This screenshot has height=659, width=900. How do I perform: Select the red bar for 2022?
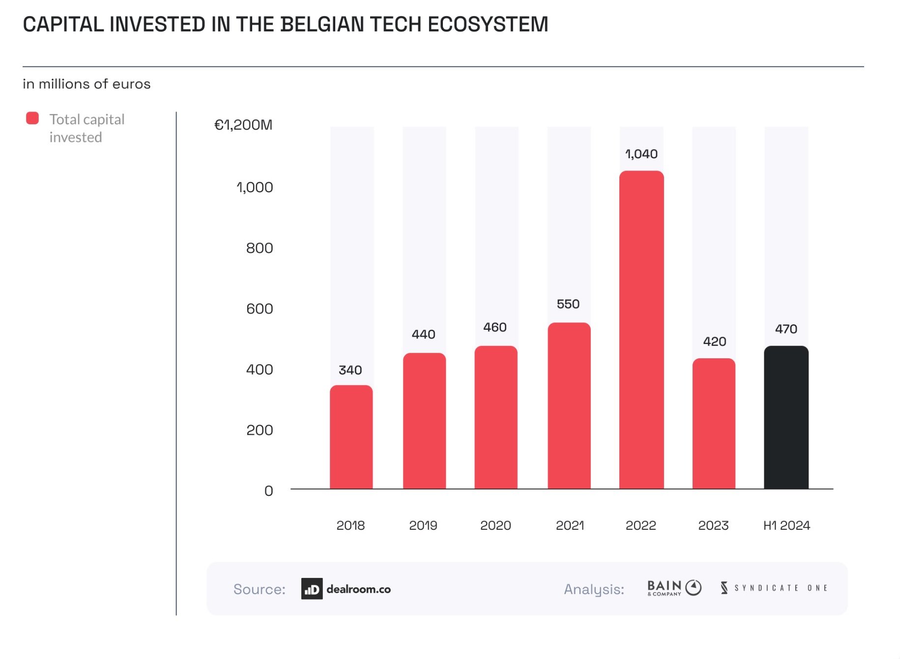[x=641, y=329]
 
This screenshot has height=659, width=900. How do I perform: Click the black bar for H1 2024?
[x=786, y=418]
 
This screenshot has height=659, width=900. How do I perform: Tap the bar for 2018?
[x=351, y=437]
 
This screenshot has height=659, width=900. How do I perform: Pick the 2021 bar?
[x=569, y=405]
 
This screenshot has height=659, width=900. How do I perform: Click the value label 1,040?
[x=641, y=154]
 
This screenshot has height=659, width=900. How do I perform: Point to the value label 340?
[x=350, y=370]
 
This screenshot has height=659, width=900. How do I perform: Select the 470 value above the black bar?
[x=786, y=329]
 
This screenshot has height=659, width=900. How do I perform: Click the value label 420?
[x=714, y=342]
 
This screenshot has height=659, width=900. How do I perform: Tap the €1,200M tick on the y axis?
[x=243, y=125]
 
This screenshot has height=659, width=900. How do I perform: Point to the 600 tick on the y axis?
[x=260, y=309]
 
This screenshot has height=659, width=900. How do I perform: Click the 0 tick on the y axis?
[x=268, y=490]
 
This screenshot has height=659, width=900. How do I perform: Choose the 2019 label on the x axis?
[x=423, y=525]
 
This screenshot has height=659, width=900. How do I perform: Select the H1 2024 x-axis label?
[x=786, y=525]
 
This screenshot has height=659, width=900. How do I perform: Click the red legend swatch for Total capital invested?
[x=32, y=118]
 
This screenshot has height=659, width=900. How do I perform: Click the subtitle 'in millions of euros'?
[x=87, y=84]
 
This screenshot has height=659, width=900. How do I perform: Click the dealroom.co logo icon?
[x=312, y=589]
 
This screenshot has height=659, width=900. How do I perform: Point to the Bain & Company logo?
[x=674, y=588]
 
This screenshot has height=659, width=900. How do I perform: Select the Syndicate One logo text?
[x=775, y=588]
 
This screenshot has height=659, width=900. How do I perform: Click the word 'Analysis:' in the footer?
[x=594, y=589]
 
